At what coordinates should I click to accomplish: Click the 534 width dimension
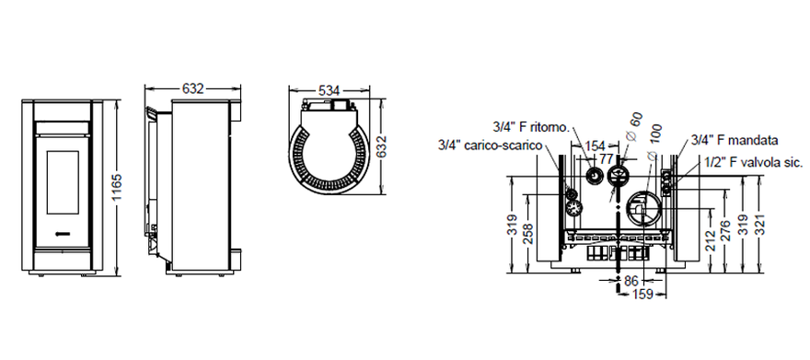coord(330,91)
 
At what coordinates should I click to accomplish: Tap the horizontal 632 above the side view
coord(192,88)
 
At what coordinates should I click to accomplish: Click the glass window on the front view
coord(63,182)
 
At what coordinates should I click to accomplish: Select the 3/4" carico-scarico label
coord(491,145)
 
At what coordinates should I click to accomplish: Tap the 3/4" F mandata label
coord(735,141)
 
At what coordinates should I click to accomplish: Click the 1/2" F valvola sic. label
coord(754,163)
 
